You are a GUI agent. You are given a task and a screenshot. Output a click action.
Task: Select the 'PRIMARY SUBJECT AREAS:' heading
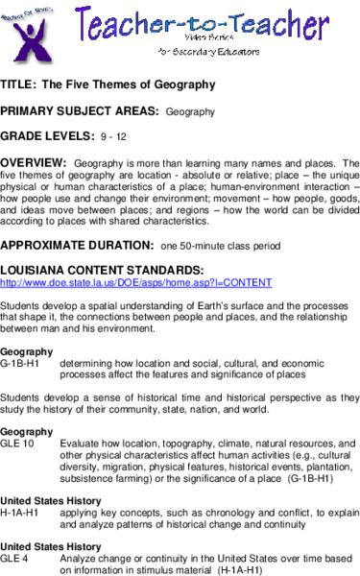click(x=79, y=111)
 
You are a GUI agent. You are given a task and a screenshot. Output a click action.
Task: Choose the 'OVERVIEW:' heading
click(x=36, y=163)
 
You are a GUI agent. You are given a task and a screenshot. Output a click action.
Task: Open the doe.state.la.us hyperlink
click(x=135, y=283)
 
